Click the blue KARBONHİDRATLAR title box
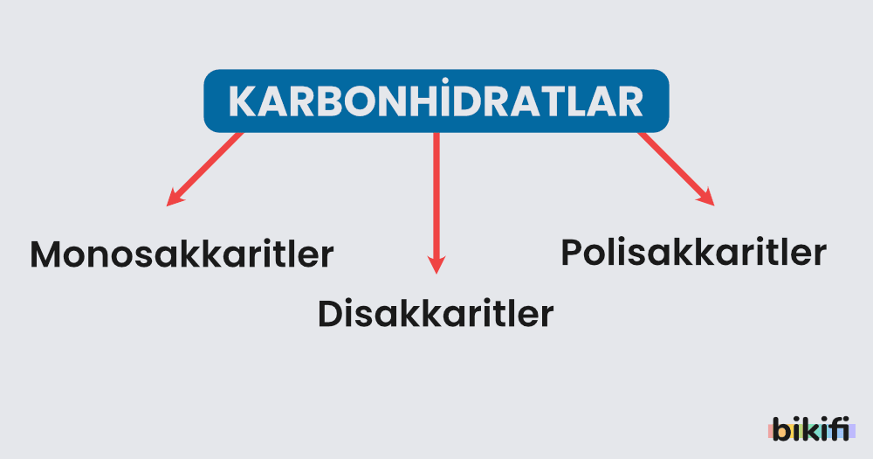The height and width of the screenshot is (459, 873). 436,101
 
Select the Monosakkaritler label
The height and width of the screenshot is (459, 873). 182,254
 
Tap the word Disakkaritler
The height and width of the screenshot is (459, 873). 435,313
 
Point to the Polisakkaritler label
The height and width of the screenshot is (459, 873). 693,253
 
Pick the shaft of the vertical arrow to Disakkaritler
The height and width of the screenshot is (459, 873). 436,192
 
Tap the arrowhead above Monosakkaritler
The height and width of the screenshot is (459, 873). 174,198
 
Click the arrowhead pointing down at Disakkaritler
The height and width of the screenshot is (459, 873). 436,264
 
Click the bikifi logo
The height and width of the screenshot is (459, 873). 811,429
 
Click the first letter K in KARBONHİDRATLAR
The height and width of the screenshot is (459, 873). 241,102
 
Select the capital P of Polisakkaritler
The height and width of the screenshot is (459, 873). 572,253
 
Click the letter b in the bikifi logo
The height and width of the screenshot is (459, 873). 780,429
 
